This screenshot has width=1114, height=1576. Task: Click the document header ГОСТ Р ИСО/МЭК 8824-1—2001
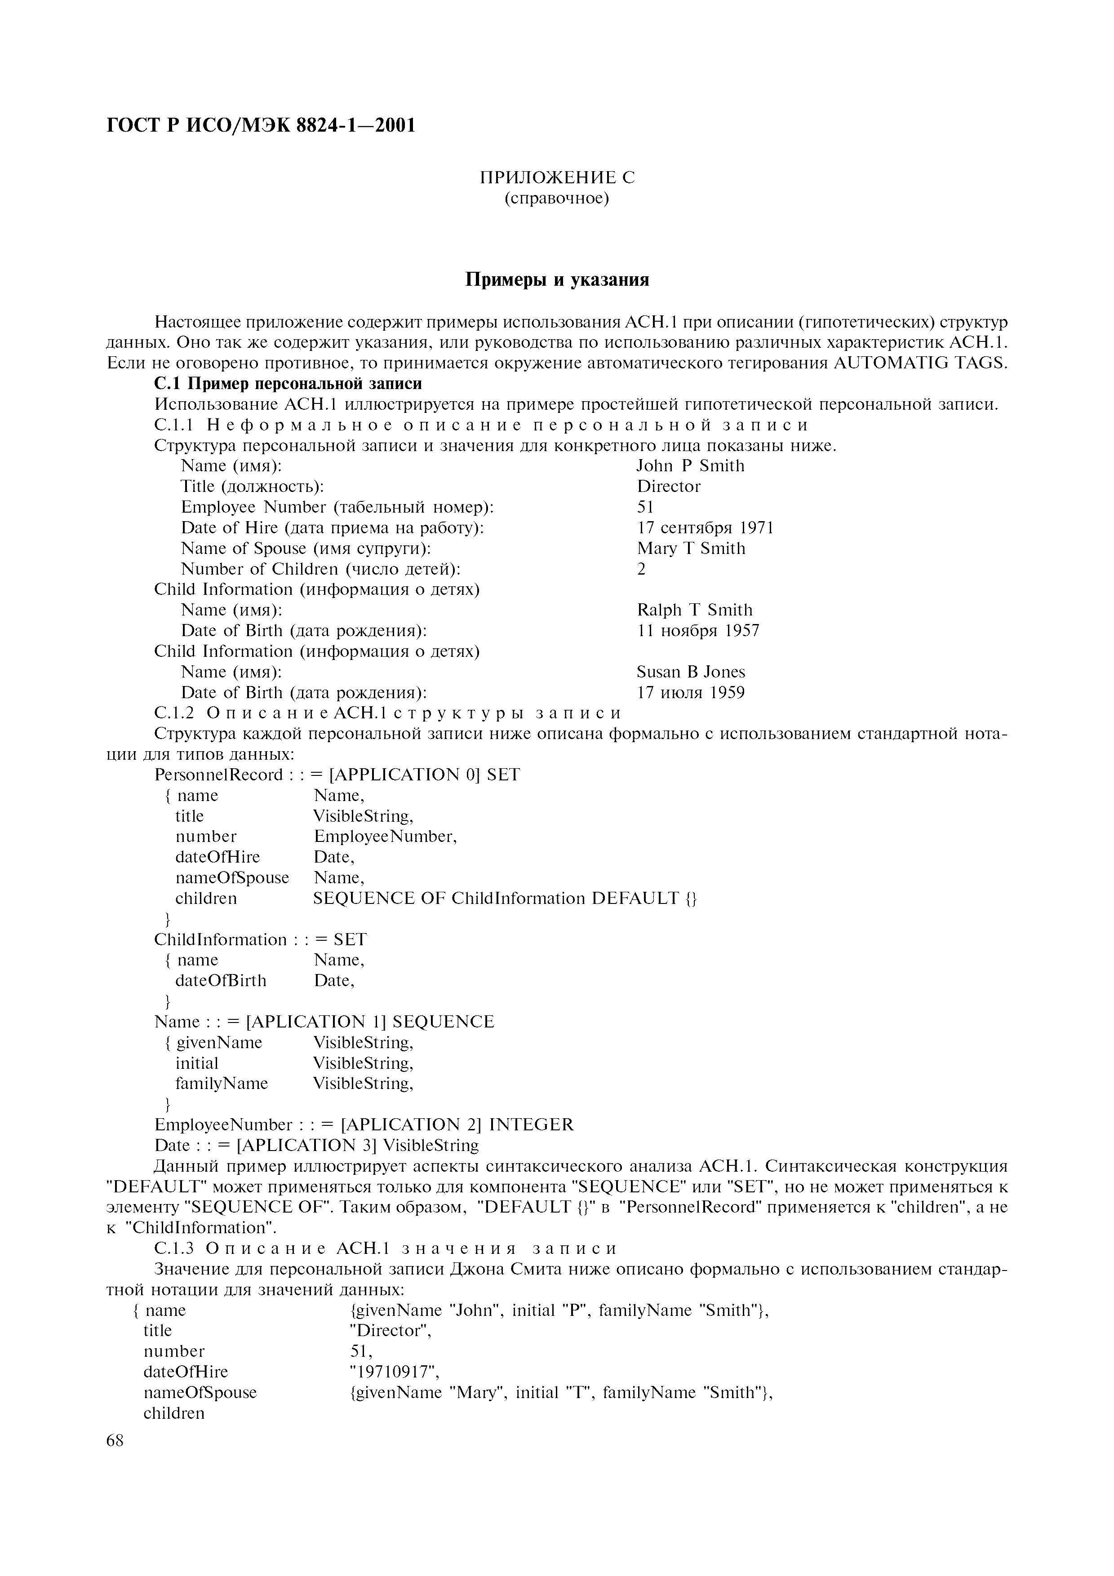(x=262, y=126)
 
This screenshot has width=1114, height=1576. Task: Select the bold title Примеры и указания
(x=557, y=280)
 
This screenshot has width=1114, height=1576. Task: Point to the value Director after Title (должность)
(x=669, y=487)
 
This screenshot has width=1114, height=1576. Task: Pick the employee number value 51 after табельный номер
(x=645, y=507)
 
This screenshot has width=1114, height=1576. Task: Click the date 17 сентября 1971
(x=705, y=528)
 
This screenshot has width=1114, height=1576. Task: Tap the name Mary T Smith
(x=691, y=549)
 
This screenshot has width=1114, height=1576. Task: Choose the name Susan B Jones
(x=691, y=672)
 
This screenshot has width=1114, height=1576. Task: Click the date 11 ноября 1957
(x=697, y=631)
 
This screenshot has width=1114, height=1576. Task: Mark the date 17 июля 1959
(x=691, y=693)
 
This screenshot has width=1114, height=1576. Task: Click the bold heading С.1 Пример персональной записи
(x=288, y=383)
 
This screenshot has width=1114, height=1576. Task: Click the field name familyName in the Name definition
(x=221, y=1084)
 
